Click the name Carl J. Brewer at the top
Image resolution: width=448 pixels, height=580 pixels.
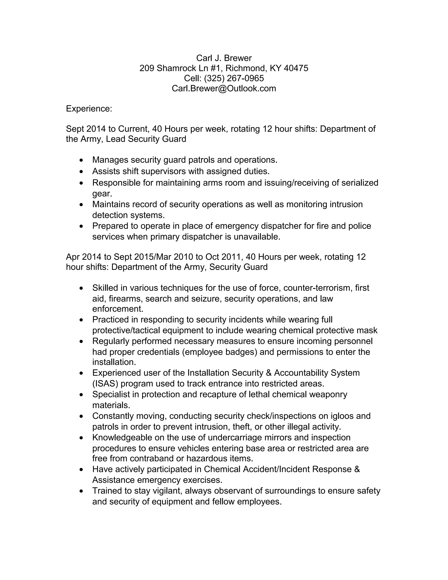pos(224,58)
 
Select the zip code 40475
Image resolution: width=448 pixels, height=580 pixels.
pos(296,68)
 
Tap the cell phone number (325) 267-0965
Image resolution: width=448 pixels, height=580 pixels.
pos(234,78)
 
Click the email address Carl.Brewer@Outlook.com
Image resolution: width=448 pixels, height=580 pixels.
pos(224,88)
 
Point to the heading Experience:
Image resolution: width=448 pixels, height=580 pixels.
pos(89,109)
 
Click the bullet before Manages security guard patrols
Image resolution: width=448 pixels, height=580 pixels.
pos(81,160)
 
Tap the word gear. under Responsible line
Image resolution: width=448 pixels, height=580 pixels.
pos(102,194)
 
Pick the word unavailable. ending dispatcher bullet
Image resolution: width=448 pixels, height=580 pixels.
pos(257,237)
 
